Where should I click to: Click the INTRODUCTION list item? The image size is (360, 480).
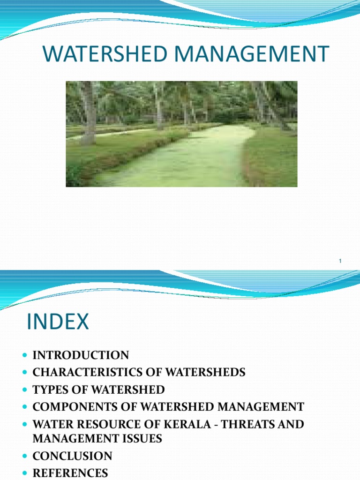tap(81, 355)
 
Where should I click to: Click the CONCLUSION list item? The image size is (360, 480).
tap(72, 456)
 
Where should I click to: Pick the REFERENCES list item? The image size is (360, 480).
tap(70, 473)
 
